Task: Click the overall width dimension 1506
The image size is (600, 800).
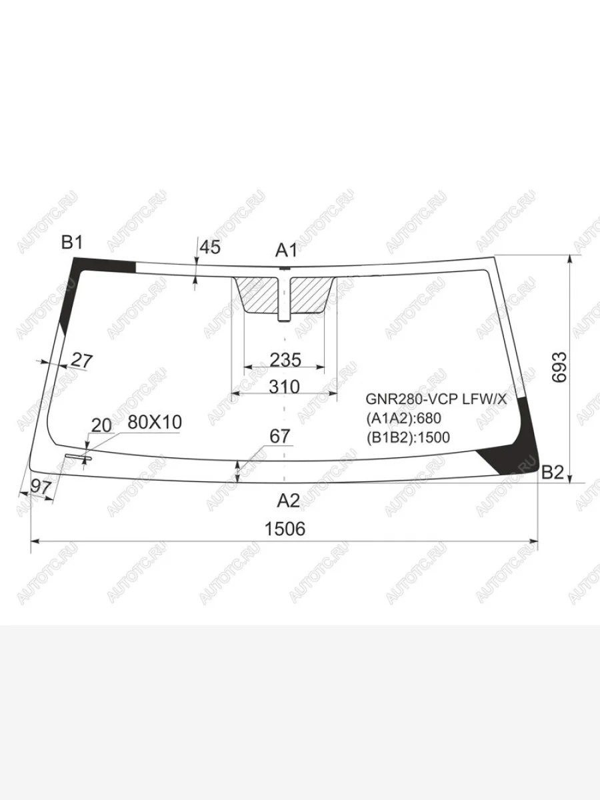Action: [285, 529]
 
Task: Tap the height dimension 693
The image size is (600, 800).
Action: [559, 367]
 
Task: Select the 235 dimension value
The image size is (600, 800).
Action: [285, 360]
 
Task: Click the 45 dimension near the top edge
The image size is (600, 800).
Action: [211, 247]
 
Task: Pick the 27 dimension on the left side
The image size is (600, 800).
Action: [82, 361]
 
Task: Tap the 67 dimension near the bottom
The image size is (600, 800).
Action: [280, 436]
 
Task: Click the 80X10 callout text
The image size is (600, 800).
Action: [155, 423]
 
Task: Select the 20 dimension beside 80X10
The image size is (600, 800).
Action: [101, 425]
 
